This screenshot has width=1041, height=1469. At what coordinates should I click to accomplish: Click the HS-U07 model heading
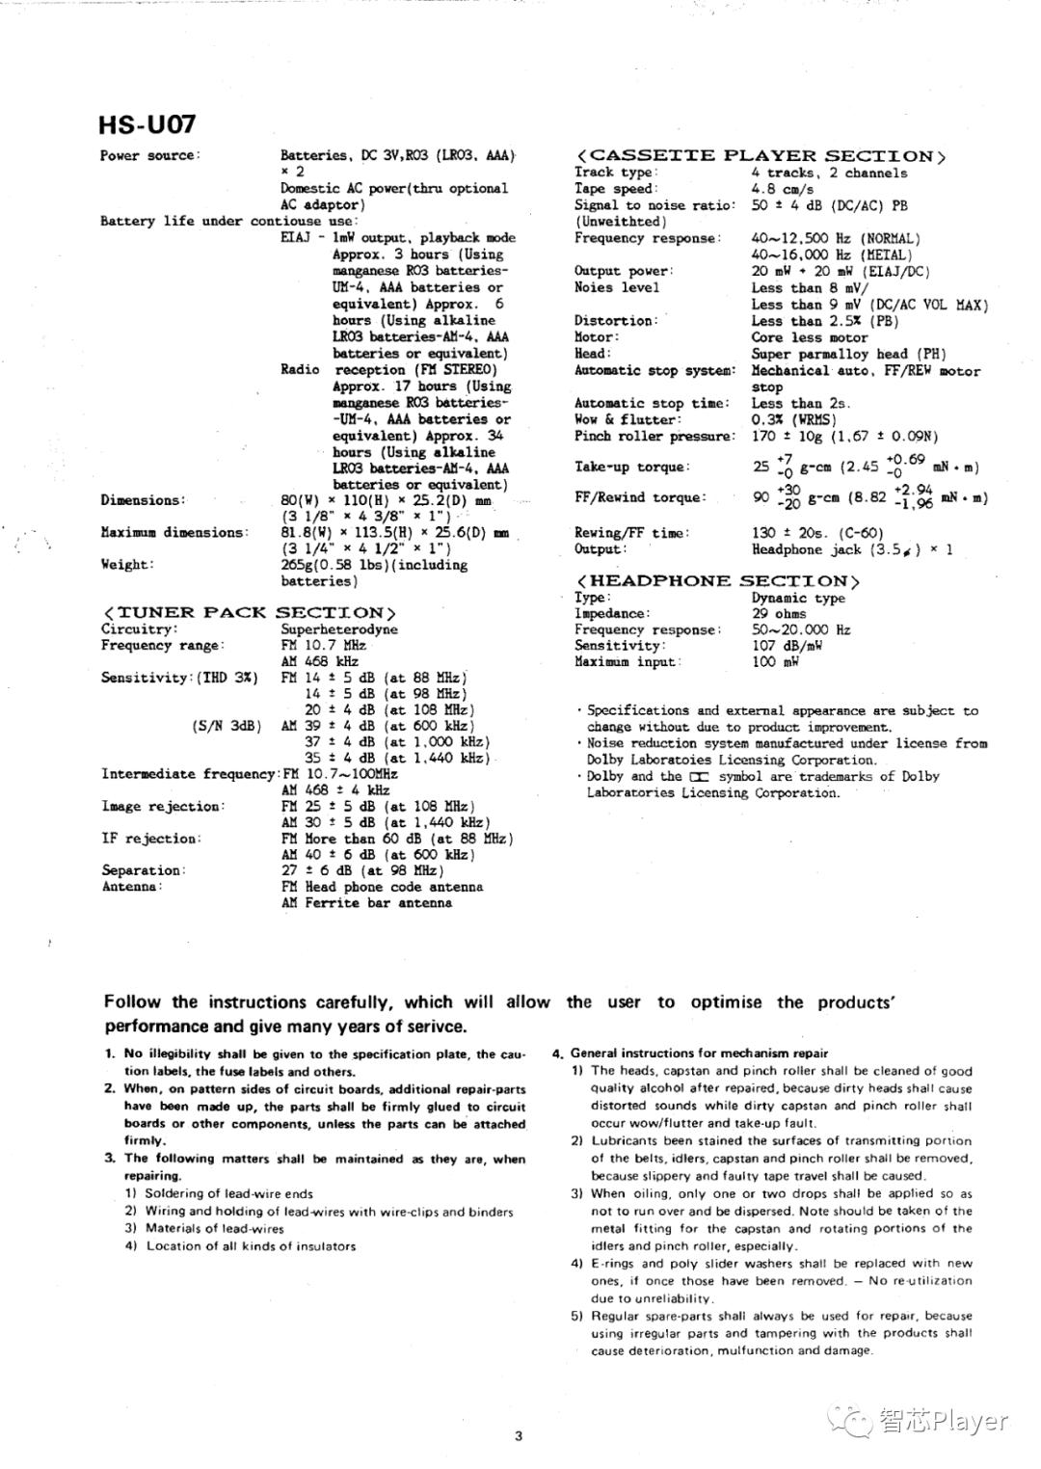pyautogui.click(x=147, y=124)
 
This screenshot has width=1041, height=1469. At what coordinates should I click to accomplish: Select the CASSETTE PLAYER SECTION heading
pyautogui.click(x=761, y=156)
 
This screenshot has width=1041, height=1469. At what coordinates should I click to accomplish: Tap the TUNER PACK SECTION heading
pyautogui.click(x=249, y=613)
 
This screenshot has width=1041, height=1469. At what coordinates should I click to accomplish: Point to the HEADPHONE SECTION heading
pyautogui.click(x=717, y=581)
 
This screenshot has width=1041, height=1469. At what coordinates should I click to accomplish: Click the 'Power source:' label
pyautogui.click(x=149, y=156)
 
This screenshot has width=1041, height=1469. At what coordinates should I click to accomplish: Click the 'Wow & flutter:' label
pyautogui.click(x=627, y=420)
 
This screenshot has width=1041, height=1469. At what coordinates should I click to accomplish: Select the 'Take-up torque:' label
pyautogui.click(x=632, y=467)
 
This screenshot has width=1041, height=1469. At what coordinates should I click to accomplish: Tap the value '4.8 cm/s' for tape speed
pyautogui.click(x=783, y=190)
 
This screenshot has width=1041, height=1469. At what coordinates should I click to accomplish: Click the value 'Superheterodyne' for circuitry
pyautogui.click(x=339, y=629)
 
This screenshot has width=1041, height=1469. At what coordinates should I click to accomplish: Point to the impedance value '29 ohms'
pyautogui.click(x=779, y=614)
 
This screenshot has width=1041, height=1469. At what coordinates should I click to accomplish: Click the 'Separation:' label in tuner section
pyautogui.click(x=143, y=870)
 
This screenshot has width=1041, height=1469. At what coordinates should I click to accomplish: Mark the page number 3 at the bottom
pyautogui.click(x=519, y=1436)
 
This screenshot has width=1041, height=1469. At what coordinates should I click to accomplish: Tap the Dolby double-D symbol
pyautogui.click(x=699, y=777)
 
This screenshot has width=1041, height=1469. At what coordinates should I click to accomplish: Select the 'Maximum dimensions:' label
pyautogui.click(x=174, y=532)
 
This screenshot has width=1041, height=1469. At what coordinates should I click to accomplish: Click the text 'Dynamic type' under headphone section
pyautogui.click(x=798, y=598)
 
